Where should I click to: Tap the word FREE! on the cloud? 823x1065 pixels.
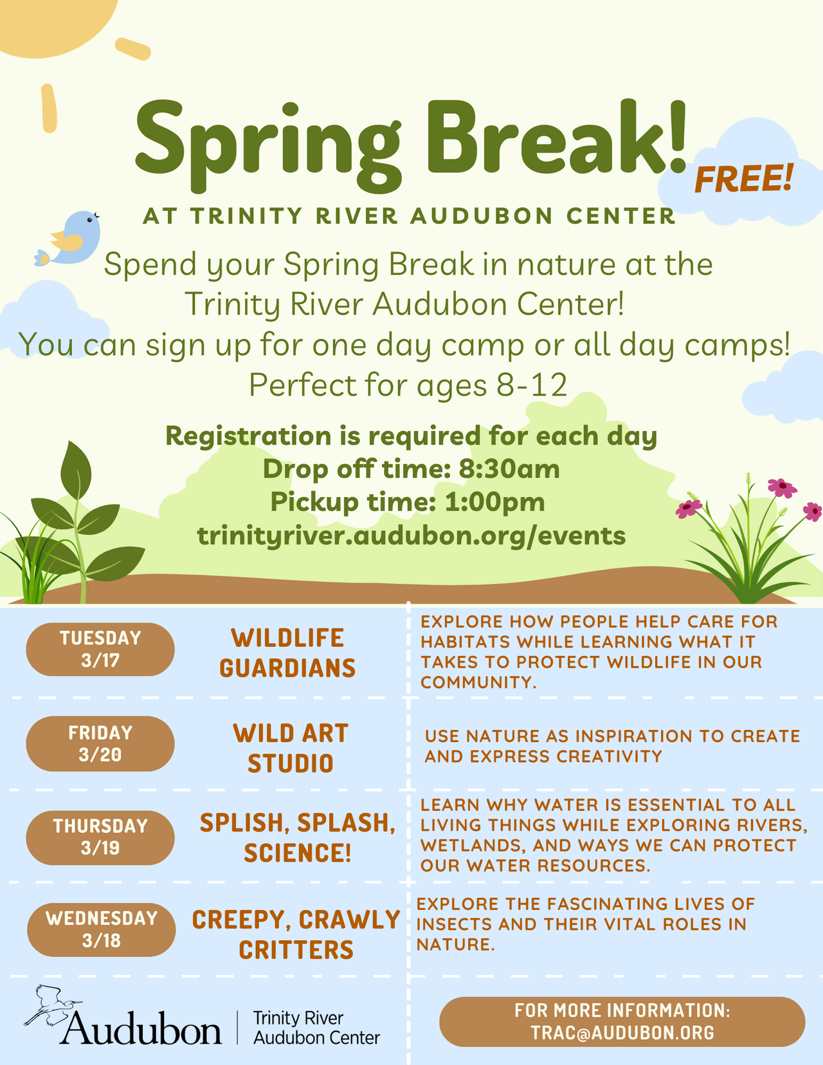tap(744, 178)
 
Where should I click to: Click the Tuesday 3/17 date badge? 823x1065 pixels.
tap(100, 649)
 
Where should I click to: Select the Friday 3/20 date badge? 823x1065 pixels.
tap(100, 743)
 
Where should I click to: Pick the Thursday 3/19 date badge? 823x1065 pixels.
tap(100, 837)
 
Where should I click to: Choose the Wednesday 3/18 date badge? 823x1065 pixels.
tap(102, 929)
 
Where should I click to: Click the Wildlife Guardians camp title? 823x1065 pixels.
tap(287, 653)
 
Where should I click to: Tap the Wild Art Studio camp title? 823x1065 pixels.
tap(291, 749)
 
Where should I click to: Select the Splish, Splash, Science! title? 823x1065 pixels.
tap(297, 837)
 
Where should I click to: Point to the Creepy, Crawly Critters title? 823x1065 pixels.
tap(296, 934)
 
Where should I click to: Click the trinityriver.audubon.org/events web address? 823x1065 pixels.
tap(411, 536)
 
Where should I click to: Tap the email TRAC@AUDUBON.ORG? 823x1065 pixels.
tap(622, 1033)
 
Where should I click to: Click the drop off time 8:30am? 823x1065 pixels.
tap(509, 469)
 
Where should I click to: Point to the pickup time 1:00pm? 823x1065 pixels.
tap(495, 502)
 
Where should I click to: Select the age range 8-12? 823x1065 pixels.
tap(532, 385)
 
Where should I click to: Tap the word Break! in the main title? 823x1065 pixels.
tap(556, 137)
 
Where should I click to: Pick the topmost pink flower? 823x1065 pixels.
tap(782, 488)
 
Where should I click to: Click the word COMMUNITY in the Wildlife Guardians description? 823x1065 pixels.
tap(476, 682)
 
